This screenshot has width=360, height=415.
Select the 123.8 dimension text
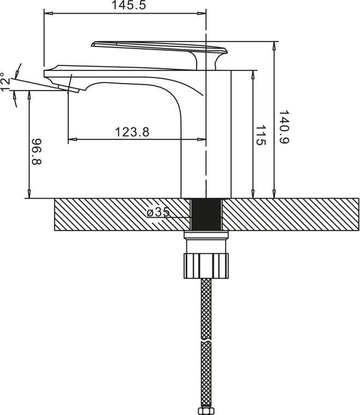[132, 132]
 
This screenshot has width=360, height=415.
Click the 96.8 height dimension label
[37, 151]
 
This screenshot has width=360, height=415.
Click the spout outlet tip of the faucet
[73, 89]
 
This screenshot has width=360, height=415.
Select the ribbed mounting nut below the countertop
[206, 266]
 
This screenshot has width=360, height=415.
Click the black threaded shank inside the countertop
[206, 215]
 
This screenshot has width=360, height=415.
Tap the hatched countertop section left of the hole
[109, 215]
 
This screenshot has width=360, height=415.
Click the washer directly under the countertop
[206, 235]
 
